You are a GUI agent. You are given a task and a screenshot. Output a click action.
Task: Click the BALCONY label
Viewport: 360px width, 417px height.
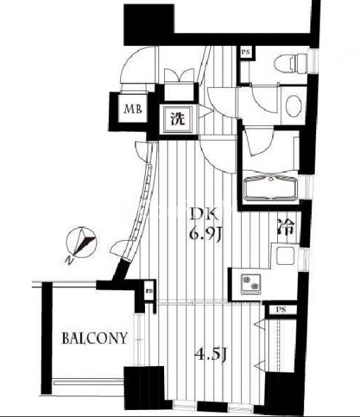click(x=94, y=338)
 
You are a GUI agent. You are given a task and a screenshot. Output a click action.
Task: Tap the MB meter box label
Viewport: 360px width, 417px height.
click(x=133, y=109)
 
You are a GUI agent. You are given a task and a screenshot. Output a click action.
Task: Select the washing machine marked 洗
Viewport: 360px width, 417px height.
click(x=178, y=119)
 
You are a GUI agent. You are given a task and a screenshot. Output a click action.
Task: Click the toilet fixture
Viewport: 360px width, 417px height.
click(x=291, y=64)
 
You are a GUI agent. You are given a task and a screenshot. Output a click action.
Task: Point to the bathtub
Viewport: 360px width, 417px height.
click(x=271, y=188)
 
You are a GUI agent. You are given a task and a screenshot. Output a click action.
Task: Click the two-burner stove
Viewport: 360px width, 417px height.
click(x=251, y=285)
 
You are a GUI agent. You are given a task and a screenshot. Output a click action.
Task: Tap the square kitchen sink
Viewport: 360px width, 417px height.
click(x=285, y=256)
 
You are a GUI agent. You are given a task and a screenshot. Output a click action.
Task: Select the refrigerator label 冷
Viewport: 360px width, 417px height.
click(x=286, y=227)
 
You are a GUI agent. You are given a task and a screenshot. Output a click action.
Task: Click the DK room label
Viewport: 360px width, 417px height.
click(x=204, y=215)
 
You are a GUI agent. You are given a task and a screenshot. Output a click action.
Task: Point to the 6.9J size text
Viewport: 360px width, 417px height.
click(x=205, y=234)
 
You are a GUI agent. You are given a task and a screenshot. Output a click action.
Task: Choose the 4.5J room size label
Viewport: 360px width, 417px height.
click(x=210, y=354)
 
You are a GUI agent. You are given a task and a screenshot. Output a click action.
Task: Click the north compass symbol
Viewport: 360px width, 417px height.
click(x=81, y=242)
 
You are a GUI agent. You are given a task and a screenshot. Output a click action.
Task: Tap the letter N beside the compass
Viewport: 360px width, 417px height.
click(x=69, y=261)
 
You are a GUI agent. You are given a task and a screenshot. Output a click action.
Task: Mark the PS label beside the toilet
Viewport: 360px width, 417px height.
click(x=245, y=52)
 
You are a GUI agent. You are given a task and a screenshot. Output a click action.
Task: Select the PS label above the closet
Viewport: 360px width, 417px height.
click(x=281, y=310)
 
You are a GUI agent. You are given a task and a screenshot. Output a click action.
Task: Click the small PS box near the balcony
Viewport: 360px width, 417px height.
click(x=149, y=291)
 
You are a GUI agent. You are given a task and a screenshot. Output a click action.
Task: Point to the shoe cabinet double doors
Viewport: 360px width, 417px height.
click(x=179, y=75)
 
